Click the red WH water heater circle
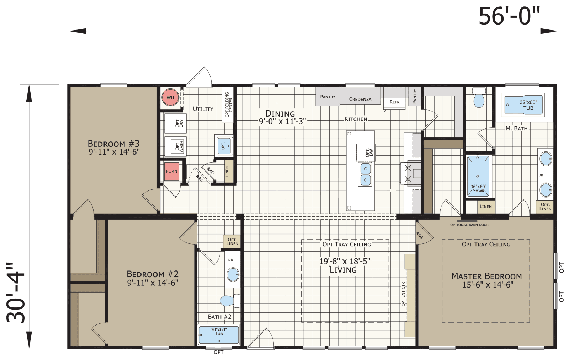click(x=170, y=97)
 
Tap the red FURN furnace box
click(x=171, y=171)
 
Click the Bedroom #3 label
click(x=114, y=144)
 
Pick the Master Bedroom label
click(x=486, y=276)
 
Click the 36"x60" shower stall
click(x=478, y=176)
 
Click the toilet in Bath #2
click(x=229, y=301)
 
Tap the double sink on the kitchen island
click(x=365, y=174)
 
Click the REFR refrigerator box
click(x=394, y=102)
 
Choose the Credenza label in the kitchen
click(x=360, y=99)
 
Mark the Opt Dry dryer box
click(x=176, y=123)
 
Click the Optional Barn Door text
click(x=469, y=225)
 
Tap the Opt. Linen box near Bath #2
click(x=232, y=241)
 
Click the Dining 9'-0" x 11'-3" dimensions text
click(x=282, y=122)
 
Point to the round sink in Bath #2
click(x=233, y=275)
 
